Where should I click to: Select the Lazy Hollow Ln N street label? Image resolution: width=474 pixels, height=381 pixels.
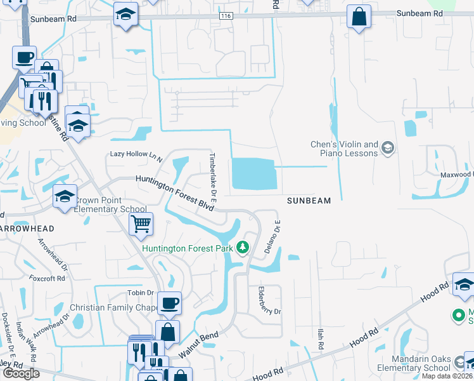pos(136,154)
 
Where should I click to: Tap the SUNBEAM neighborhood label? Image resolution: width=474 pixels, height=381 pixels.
pos(309,201)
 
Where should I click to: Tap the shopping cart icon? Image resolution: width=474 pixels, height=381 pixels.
pos(140,223)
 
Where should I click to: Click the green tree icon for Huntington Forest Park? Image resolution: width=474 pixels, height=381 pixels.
pos(241,246)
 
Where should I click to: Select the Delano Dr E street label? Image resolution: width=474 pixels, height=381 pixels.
pos(272,236)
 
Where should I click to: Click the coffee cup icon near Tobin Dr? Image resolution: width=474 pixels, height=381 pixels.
pos(169,303)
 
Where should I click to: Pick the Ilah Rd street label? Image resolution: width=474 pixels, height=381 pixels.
pos(320,337)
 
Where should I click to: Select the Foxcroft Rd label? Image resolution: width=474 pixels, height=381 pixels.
pos(48,278)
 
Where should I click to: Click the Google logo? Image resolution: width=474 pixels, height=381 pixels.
pos(21,373)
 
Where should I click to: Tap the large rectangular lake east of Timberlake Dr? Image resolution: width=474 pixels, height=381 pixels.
pos(254,173)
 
